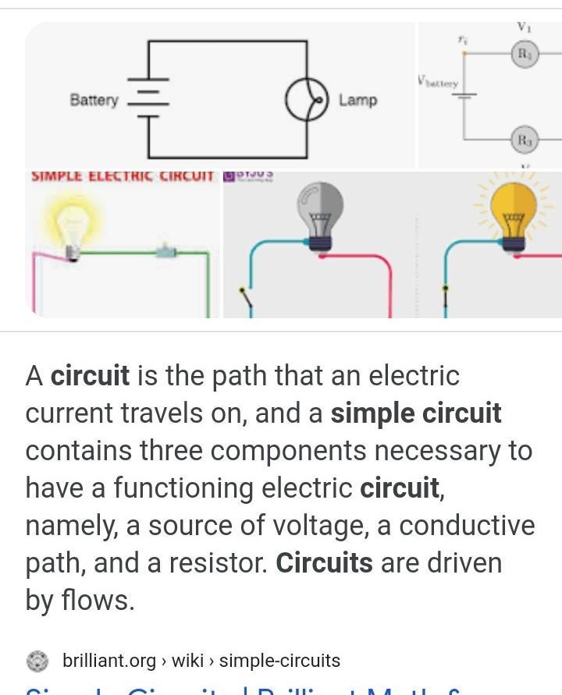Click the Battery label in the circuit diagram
coord(94,100)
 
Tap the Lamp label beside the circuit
coord(357,100)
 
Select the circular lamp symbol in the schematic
coord(305,101)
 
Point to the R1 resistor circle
coord(525,54)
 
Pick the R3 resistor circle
coord(525,140)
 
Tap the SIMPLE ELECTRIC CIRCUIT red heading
coord(122,176)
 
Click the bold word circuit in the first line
coord(90,376)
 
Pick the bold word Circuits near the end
coord(324,563)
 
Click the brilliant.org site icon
coord(37,661)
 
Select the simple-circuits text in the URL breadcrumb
coord(279,661)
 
